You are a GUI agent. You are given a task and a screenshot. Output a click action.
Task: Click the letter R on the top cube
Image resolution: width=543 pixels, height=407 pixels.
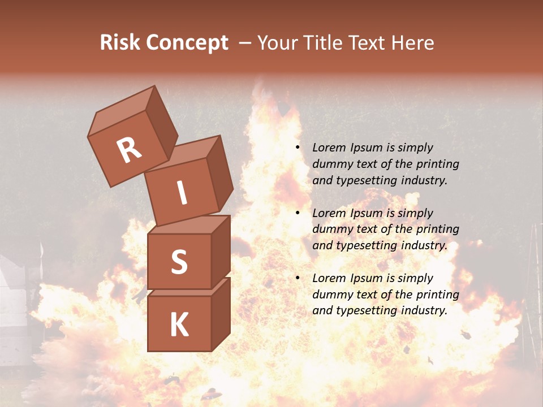pyautogui.click(x=129, y=150)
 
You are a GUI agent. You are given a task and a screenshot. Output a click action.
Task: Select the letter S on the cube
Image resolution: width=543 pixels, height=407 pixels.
pyautogui.click(x=179, y=262)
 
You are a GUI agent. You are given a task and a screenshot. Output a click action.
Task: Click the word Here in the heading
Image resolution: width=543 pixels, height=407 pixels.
pyautogui.click(x=412, y=42)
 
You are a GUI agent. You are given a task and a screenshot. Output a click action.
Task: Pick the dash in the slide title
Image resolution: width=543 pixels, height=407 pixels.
pyautogui.click(x=245, y=43)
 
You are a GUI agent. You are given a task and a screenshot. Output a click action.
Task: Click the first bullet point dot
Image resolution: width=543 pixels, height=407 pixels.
pyautogui.click(x=298, y=148)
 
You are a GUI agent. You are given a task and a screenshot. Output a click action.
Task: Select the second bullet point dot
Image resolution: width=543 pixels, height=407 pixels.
pyautogui.click(x=298, y=213)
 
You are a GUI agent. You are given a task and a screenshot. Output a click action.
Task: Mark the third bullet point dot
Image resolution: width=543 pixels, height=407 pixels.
pyautogui.click(x=298, y=278)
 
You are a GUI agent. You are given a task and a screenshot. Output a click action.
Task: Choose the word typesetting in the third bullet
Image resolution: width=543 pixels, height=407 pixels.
pyautogui.click(x=368, y=310)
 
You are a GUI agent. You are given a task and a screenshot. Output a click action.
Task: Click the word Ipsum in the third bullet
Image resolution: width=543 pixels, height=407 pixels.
pyautogui.click(x=366, y=278)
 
